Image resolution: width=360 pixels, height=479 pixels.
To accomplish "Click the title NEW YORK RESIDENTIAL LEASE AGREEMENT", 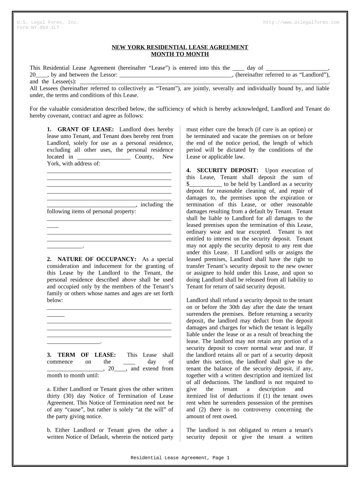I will coord(180,47).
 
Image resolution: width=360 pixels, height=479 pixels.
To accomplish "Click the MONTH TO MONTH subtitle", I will coord(180,54).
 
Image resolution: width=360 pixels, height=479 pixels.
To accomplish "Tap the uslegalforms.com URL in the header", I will coord(302,22).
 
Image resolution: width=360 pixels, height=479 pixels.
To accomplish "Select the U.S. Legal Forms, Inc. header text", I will coord(48,22).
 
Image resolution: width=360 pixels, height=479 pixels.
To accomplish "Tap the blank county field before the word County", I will coord(103,157).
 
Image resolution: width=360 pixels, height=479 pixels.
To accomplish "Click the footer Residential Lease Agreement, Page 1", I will coord(180,458).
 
